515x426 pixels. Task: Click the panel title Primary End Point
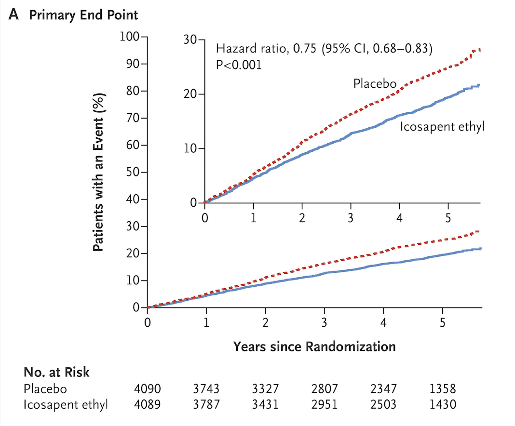pyautogui.click(x=83, y=15)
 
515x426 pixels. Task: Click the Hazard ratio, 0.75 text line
pyautogui.click(x=324, y=49)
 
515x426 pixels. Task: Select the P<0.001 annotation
pyautogui.click(x=239, y=65)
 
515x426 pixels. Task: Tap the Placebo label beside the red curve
pyautogui.click(x=375, y=83)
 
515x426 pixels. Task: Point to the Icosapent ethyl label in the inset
pyautogui.click(x=441, y=127)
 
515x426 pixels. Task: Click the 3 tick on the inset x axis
pyautogui.click(x=350, y=218)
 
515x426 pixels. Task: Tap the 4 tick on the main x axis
pyautogui.click(x=383, y=322)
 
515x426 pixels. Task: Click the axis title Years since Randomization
pyautogui.click(x=314, y=346)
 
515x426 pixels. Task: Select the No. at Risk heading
pyautogui.click(x=56, y=372)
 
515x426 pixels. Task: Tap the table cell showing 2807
pyautogui.click(x=325, y=388)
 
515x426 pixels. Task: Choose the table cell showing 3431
pyautogui.click(x=265, y=405)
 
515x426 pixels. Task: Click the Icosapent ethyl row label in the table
pyautogui.click(x=66, y=405)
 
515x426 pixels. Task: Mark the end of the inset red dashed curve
pyautogui.click(x=479, y=50)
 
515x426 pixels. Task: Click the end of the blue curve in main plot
pyautogui.click(x=480, y=249)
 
